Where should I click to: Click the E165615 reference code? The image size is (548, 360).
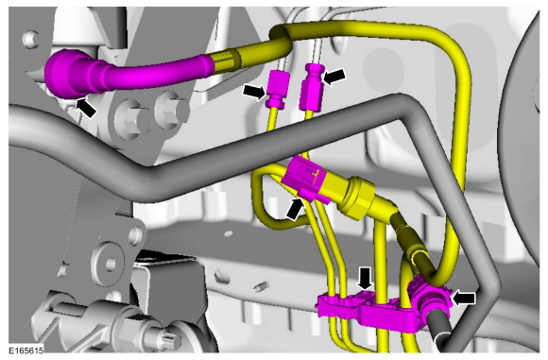[26, 350]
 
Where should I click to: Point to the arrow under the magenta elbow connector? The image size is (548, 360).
[86, 108]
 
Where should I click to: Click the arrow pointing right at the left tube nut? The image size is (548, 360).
[255, 93]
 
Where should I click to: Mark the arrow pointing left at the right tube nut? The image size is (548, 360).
[334, 76]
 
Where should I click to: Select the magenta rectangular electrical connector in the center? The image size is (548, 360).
[305, 179]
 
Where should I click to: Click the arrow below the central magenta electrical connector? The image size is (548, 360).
[295, 209]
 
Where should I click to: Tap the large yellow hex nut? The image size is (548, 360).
[356, 197]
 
